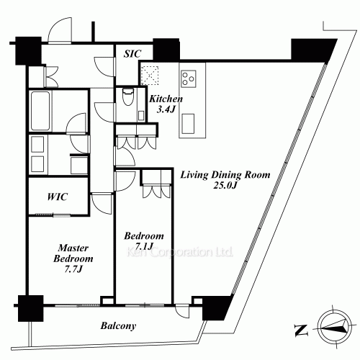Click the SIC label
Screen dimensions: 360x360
pyautogui.click(x=132, y=53)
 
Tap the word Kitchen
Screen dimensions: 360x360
pyautogui.click(x=166, y=99)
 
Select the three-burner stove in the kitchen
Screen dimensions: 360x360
pyautogui.click(x=192, y=76)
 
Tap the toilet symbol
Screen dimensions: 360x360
pyautogui.click(x=128, y=98)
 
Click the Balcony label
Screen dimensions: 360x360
pyautogui.click(x=117, y=326)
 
